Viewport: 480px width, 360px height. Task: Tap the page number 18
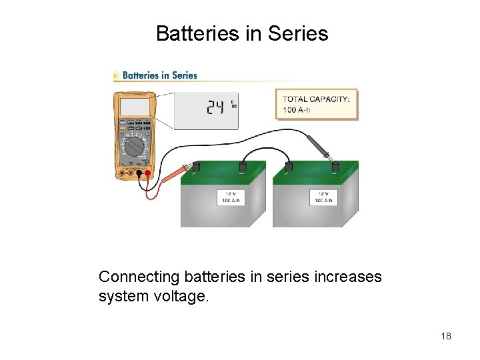[x=446, y=336]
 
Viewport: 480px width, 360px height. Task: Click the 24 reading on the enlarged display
[x=215, y=107]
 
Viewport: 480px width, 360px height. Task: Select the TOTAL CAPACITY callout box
[x=316, y=104]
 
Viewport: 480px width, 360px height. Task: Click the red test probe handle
[x=177, y=175]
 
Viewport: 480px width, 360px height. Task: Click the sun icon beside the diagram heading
[x=117, y=75]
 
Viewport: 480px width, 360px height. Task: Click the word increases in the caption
[x=351, y=276]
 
